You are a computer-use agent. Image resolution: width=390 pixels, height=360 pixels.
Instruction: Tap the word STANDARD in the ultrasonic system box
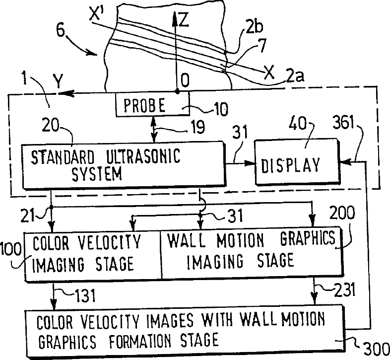(64, 157)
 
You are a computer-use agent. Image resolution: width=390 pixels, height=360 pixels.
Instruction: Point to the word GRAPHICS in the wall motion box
(308, 240)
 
